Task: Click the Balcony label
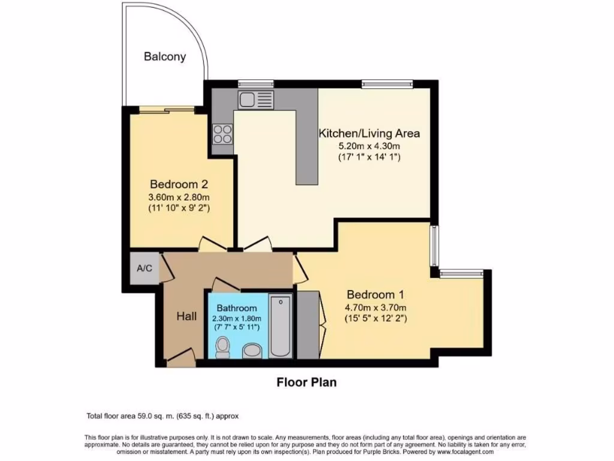[x=164, y=57]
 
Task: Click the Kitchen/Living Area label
[x=369, y=133]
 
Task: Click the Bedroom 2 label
[x=179, y=184]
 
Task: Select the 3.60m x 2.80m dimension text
[x=179, y=196]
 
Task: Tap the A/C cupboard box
[x=145, y=268]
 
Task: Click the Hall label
[x=186, y=316]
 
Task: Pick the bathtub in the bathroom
[x=280, y=327]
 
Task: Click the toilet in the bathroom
[x=222, y=347]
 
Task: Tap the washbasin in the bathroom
[x=252, y=350]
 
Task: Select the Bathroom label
[x=237, y=308]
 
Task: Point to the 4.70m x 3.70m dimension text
[x=377, y=307]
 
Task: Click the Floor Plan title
[x=306, y=382]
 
